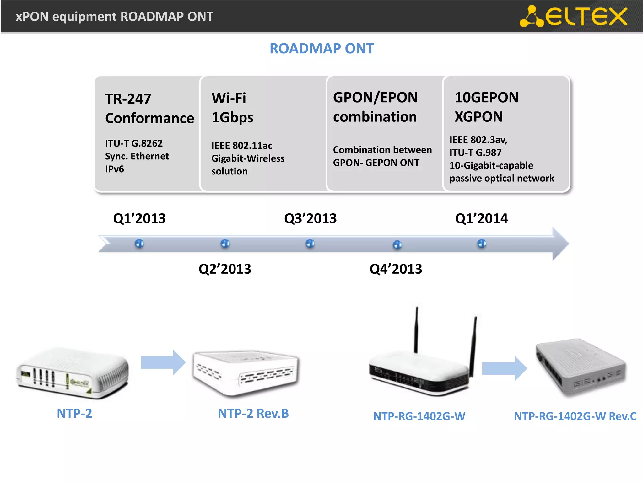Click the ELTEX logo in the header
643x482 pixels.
point(573,16)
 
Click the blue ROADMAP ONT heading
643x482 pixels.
point(321,49)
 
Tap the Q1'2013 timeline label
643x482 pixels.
point(139,218)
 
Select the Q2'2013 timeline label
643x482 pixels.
point(225,269)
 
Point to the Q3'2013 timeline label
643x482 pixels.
point(310,218)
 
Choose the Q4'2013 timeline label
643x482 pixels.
point(396,269)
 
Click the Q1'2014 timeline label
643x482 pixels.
point(481,218)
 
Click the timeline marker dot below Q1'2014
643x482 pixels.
point(482,244)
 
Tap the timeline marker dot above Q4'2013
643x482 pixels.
point(397,244)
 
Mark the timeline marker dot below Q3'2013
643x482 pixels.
point(310,244)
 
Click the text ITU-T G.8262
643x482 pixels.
point(134,143)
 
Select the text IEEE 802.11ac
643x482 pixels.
point(242,146)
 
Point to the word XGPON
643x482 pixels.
point(478,117)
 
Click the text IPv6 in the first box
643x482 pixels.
point(114,169)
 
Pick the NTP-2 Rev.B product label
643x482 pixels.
point(253,413)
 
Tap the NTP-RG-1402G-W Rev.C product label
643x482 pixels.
point(575,416)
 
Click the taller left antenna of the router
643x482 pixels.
point(416,329)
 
